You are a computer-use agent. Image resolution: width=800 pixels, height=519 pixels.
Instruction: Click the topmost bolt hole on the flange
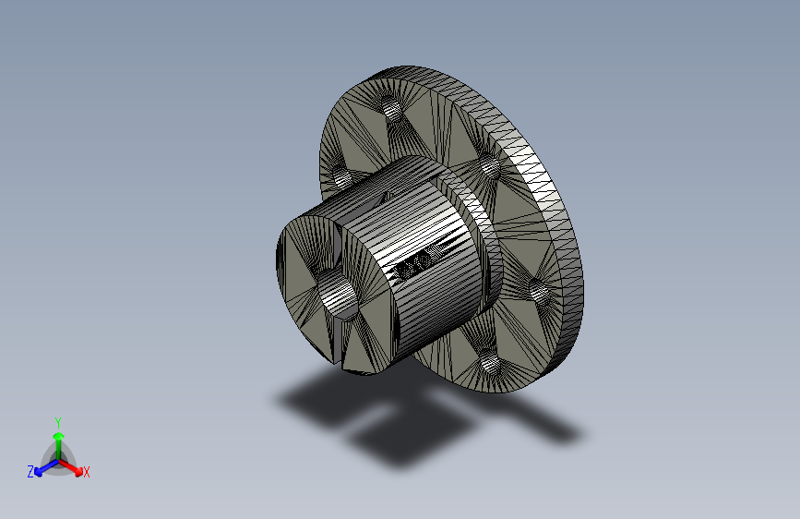392,108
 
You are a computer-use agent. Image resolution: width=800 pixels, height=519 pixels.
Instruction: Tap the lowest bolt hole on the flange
490,363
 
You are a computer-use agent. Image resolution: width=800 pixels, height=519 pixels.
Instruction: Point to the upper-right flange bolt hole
490,166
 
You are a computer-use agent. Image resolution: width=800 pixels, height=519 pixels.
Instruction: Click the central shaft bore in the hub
337,295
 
